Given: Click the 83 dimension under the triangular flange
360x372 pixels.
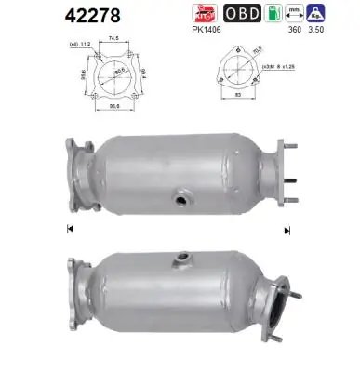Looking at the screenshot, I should click(240, 95).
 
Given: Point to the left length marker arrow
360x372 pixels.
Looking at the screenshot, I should click(71, 229).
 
